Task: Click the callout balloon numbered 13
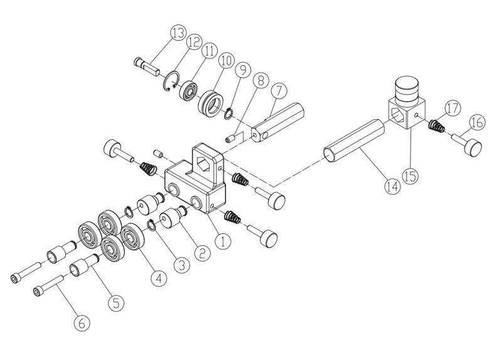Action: [x=178, y=31]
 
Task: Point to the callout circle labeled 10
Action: [x=226, y=60]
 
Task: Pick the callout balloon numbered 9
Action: [x=243, y=70]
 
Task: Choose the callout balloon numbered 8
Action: [x=259, y=80]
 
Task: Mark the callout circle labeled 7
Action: [x=277, y=90]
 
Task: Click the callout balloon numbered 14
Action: [x=392, y=186]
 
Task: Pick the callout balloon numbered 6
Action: [x=82, y=324]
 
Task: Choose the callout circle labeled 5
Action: [x=115, y=302]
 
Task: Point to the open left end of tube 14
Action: [x=330, y=155]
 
